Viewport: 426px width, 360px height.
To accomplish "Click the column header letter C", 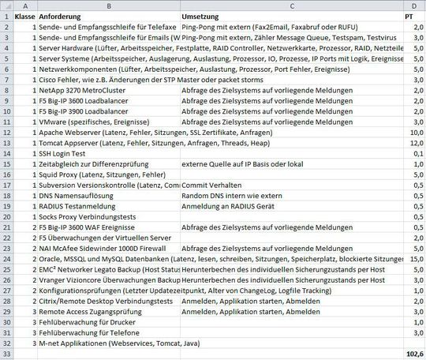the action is point(293,6).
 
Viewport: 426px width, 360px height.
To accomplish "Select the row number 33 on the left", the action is point(6,354).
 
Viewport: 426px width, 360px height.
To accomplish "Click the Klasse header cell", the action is point(24,16).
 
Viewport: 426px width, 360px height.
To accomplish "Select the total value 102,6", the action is point(413,354).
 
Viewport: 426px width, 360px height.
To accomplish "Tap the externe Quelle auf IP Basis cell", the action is point(245,164).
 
